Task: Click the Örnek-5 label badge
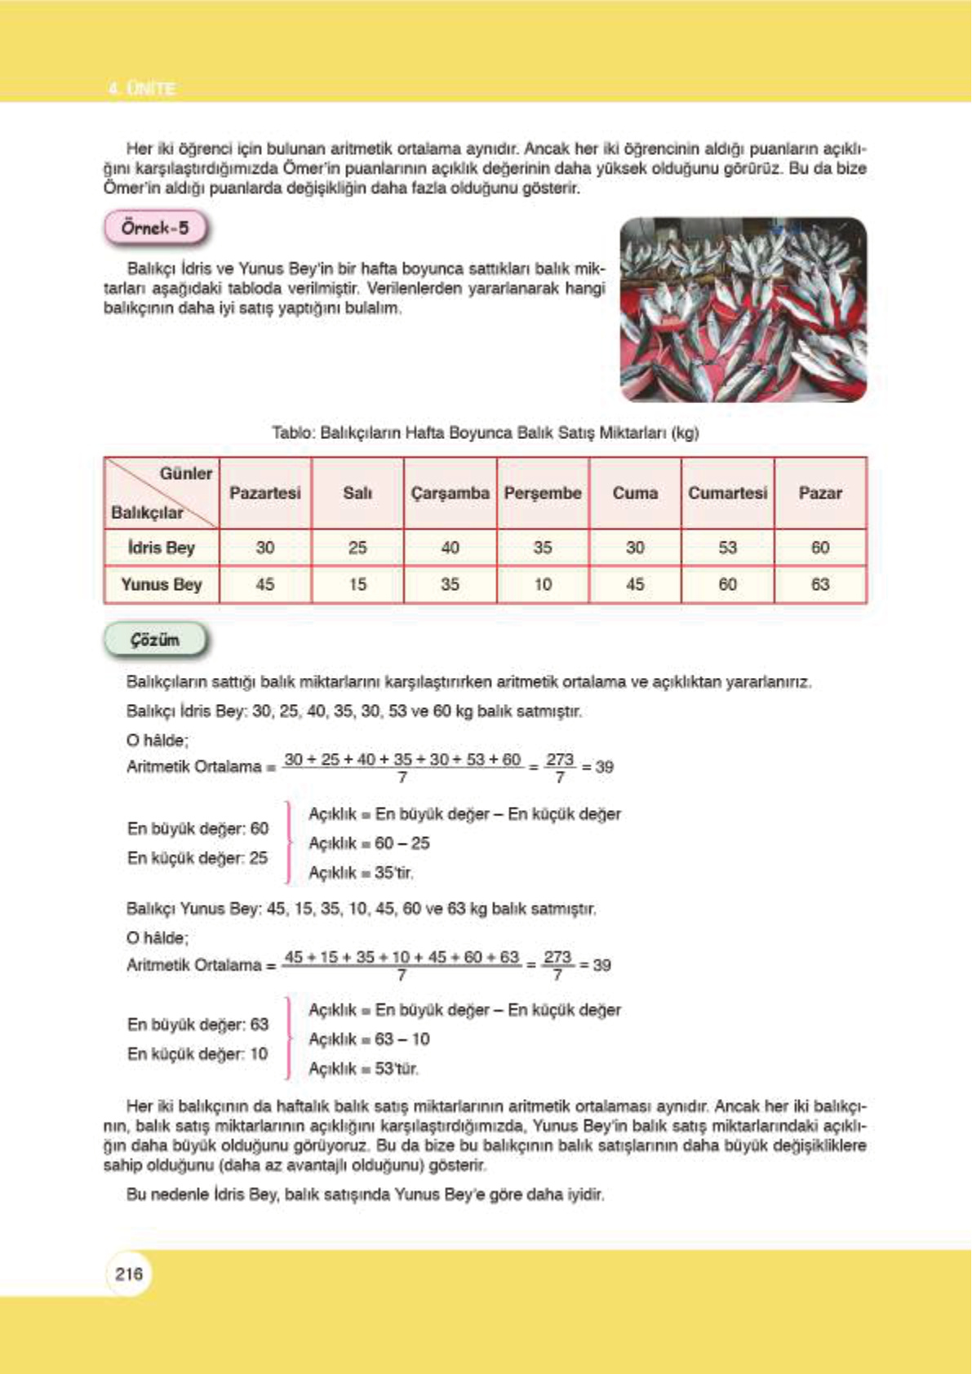[x=155, y=228]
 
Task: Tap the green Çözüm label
[x=155, y=640]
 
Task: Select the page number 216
[x=129, y=1274]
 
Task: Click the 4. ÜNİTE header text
[x=142, y=88]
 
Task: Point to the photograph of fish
[x=743, y=309]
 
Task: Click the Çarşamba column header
[x=450, y=494]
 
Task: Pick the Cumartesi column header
[x=727, y=494]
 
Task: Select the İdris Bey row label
[x=161, y=547]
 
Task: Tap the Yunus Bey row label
[x=161, y=584]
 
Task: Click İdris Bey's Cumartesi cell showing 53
[x=727, y=547]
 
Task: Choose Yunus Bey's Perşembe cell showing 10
[x=543, y=584]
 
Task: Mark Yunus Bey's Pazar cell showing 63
[x=820, y=584]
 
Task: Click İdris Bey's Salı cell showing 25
[x=357, y=547]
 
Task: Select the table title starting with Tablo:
[x=485, y=432]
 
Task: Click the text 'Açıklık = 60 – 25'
[x=369, y=843]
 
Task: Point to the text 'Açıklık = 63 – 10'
[x=369, y=1039]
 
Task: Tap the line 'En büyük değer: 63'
[x=198, y=1024]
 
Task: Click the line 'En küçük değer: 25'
[x=198, y=858]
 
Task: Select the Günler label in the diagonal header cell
[x=186, y=474]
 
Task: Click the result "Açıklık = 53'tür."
[x=364, y=1068]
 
